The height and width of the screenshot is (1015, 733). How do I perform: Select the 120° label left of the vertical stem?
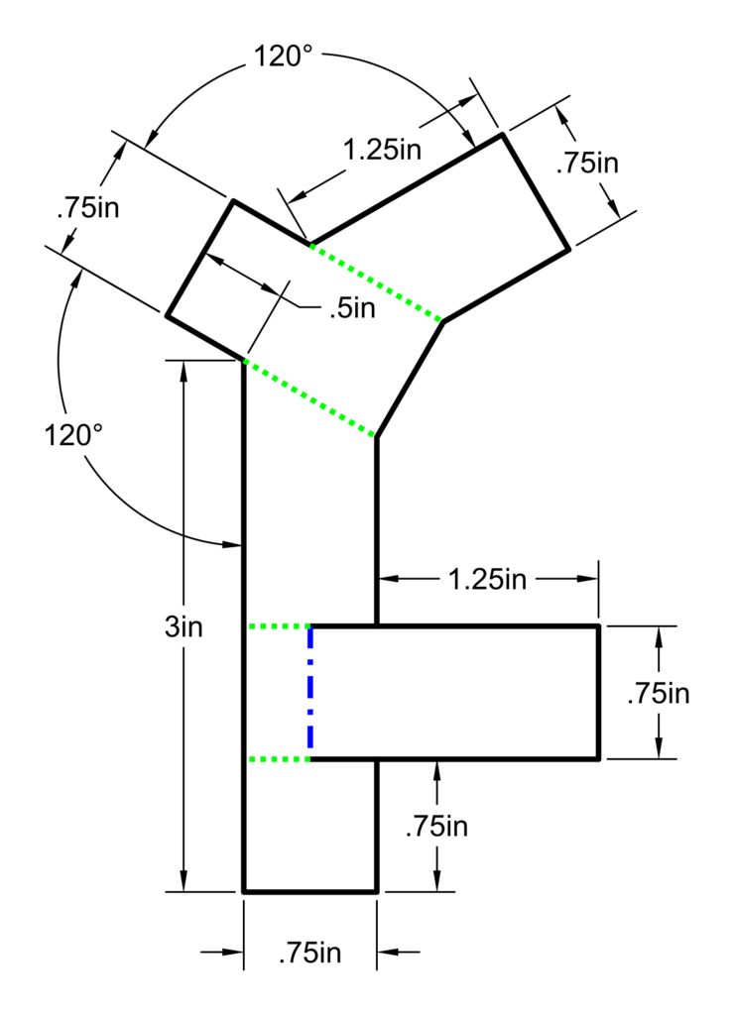coord(73,435)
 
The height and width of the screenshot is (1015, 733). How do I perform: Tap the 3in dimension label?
coord(183,627)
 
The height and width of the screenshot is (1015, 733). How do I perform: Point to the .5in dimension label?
coord(352,308)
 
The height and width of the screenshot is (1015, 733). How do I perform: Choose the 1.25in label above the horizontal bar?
coord(487,580)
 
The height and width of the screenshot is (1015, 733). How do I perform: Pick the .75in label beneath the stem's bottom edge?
coord(310,954)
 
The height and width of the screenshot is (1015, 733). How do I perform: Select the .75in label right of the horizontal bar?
coord(658,693)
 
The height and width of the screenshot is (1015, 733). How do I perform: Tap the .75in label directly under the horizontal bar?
coord(436,826)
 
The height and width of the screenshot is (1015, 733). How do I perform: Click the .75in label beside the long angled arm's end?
coord(587,163)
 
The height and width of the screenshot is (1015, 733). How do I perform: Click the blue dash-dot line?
coord(310,693)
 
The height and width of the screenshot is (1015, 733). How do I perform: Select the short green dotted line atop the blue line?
coord(278,626)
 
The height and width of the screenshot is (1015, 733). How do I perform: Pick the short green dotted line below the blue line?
coord(278,759)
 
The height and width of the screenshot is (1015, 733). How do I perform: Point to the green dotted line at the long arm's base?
coord(377,282)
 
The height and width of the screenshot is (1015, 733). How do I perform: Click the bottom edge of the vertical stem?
coord(310,892)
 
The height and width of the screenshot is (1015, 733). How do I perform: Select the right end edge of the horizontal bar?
coord(599,693)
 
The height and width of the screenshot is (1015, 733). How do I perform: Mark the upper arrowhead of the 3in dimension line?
coord(183,369)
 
